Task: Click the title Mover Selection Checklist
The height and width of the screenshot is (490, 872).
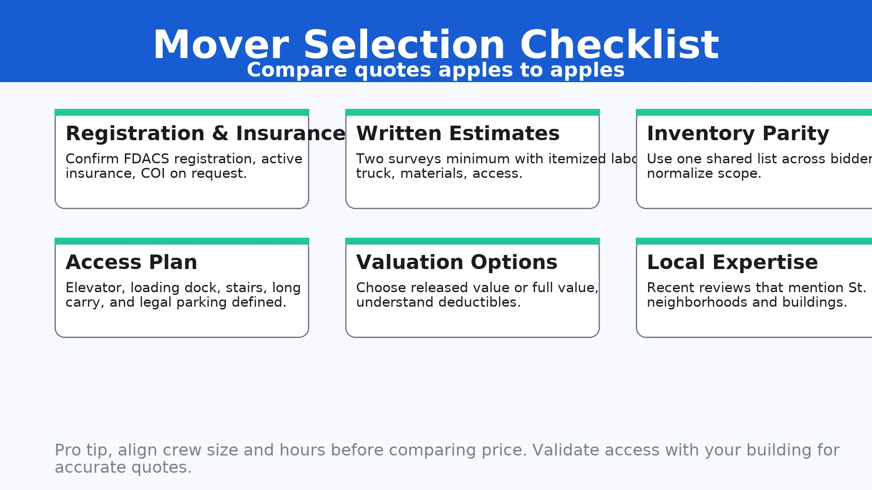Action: pos(436,44)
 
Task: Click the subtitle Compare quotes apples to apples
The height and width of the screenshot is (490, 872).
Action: pos(436,70)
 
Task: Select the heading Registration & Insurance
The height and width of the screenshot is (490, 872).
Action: pos(205,133)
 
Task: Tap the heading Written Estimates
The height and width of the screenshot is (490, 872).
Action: pos(458,133)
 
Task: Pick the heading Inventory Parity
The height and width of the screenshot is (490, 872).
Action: pos(738,133)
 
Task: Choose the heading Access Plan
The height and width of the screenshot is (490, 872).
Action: pos(131,262)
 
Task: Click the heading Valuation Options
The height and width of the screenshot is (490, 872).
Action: pos(456,262)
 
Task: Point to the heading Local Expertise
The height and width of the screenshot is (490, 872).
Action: pos(732,262)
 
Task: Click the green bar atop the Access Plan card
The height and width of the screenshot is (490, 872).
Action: pos(182,241)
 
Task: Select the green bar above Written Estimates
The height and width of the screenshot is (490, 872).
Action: pos(472,112)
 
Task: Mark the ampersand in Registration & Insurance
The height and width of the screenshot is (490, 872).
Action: pos(220,133)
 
